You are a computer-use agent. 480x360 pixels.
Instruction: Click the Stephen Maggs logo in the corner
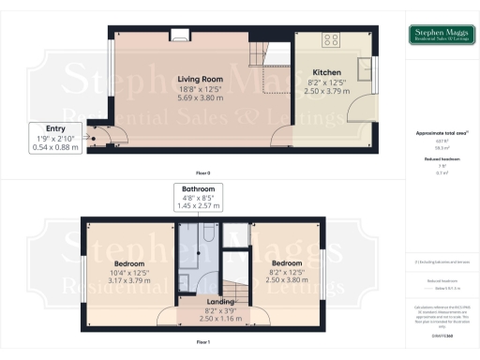442,37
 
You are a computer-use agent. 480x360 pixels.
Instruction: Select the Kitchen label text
326,72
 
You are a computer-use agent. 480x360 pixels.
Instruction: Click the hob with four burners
331,40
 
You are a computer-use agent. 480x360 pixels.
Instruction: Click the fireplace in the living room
181,36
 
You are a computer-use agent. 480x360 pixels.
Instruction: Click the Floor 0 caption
202,173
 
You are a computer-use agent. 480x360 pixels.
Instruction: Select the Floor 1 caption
202,343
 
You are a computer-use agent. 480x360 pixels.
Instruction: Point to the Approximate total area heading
441,133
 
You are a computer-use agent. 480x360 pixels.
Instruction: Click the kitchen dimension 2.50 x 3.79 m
326,91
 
